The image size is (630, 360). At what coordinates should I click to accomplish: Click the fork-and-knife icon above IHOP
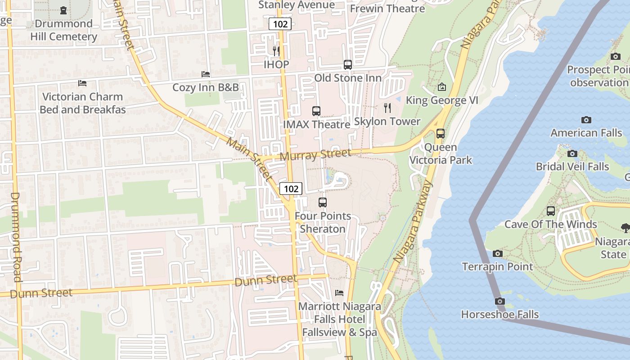tap(276, 51)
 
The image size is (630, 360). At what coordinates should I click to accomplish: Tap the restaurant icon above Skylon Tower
tap(387, 108)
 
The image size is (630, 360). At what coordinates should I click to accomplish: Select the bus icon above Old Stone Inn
tap(348, 64)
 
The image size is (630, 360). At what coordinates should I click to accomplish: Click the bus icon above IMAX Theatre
tap(316, 111)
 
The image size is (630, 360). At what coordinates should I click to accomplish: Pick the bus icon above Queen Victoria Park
tap(441, 134)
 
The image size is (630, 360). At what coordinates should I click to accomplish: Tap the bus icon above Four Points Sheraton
tap(323, 202)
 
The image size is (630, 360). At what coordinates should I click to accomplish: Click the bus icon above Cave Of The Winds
tap(551, 211)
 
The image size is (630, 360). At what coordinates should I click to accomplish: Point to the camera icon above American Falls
tap(586, 120)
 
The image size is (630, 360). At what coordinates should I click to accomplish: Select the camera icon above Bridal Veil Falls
tap(572, 153)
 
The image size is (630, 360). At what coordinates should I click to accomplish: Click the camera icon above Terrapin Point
tap(498, 254)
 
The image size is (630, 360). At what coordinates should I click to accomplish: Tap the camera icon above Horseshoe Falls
tap(499, 301)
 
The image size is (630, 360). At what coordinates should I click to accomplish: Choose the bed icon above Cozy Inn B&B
tap(206, 74)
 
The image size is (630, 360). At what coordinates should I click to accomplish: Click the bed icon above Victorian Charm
tap(82, 83)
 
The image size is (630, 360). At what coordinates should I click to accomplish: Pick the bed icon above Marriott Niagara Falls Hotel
tap(339, 293)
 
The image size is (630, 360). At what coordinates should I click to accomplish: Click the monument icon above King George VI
tap(442, 87)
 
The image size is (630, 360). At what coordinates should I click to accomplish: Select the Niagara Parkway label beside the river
tap(413, 222)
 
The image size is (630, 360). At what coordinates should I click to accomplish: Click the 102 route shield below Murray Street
tap(291, 189)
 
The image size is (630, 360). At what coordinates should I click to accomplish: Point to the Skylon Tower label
tap(387, 121)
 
